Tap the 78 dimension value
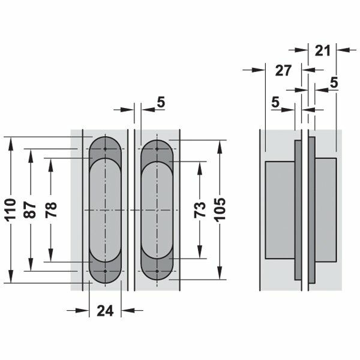pyautogui.click(x=51, y=209)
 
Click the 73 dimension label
pyautogui.click(x=202, y=209)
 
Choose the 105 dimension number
pyautogui.click(x=221, y=209)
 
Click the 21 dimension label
pyautogui.click(x=323, y=51)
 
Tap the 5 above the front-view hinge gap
pyautogui.click(x=161, y=102)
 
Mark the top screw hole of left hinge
pyautogui.click(x=105, y=148)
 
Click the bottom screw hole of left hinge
pyautogui.click(x=105, y=271)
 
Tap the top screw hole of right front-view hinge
pyautogui.click(x=158, y=148)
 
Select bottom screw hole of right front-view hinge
pyautogui.click(x=158, y=271)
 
